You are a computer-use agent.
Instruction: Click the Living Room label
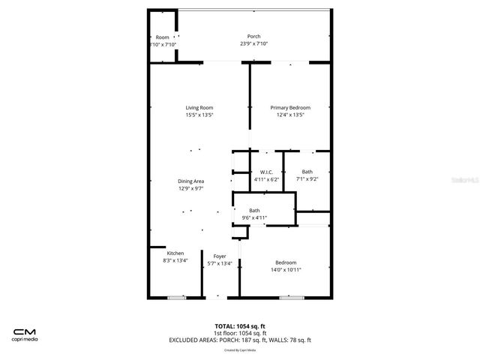click(x=199, y=107)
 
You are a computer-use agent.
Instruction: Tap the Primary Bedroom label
click(x=289, y=107)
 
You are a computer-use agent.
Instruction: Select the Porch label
click(x=253, y=37)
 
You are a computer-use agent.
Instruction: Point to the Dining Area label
click(x=191, y=181)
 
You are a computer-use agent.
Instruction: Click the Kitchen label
click(x=175, y=253)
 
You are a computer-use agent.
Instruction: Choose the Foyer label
click(x=219, y=256)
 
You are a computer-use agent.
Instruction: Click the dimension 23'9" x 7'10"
click(x=253, y=43)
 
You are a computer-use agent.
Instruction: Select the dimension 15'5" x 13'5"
click(x=199, y=115)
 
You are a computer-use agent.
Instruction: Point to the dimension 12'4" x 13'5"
click(x=289, y=115)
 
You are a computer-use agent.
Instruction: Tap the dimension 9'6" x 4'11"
click(x=254, y=217)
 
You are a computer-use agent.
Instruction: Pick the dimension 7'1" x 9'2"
click(x=307, y=179)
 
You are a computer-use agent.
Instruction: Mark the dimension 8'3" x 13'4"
click(x=175, y=260)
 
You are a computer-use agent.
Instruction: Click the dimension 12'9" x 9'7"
click(x=191, y=188)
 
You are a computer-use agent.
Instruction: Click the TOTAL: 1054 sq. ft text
click(x=240, y=325)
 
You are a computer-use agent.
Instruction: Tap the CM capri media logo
click(x=25, y=334)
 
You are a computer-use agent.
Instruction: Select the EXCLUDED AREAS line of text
click(x=240, y=340)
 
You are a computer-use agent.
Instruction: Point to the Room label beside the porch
click(x=162, y=37)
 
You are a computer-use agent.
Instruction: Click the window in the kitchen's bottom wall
click(x=176, y=298)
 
